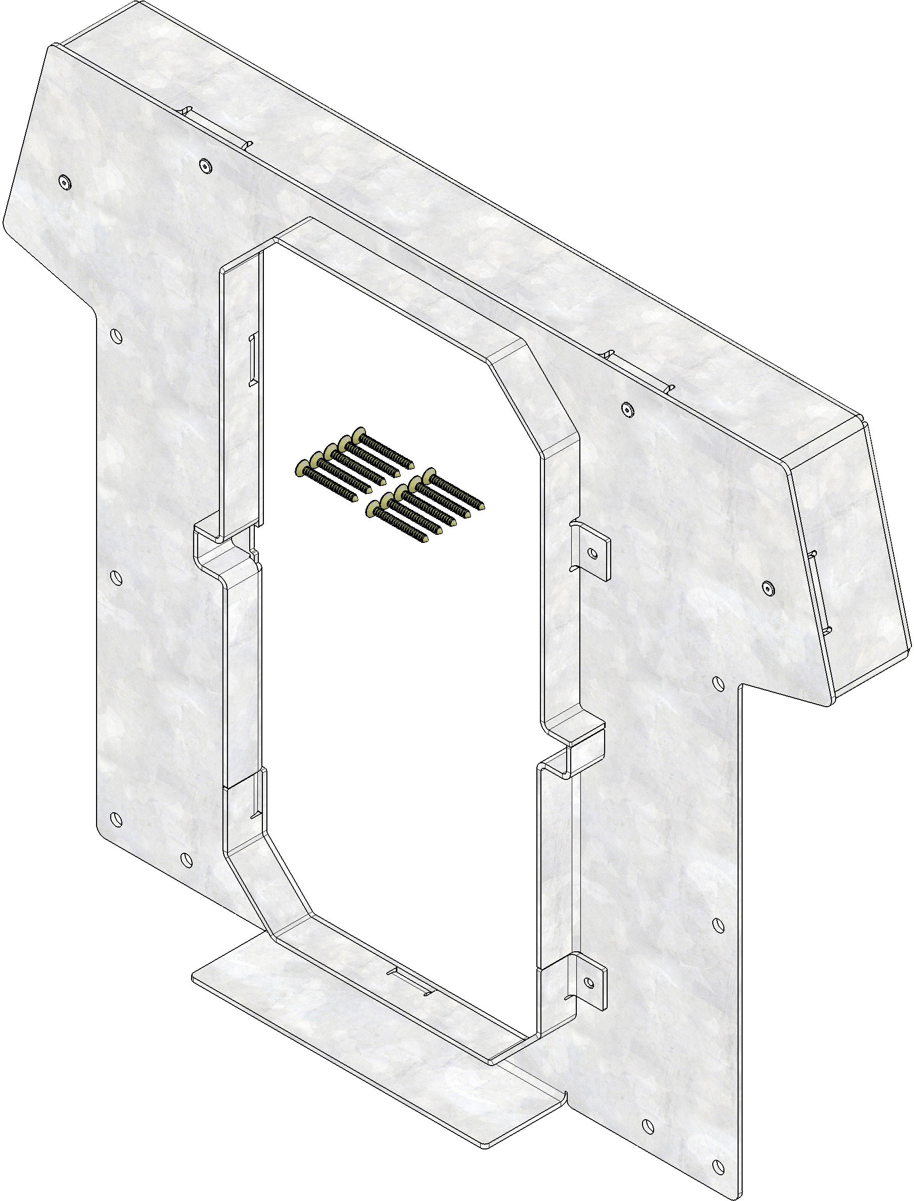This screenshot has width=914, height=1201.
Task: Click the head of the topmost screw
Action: point(358,435)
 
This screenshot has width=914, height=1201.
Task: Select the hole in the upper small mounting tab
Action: point(593,553)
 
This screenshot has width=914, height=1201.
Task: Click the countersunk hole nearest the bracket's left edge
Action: point(65,183)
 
